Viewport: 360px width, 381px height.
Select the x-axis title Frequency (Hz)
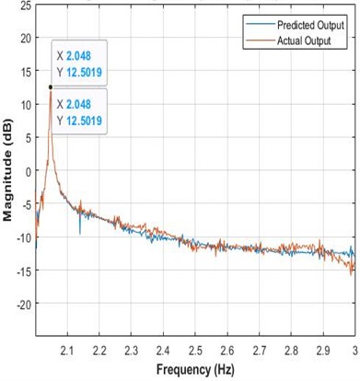(195, 371)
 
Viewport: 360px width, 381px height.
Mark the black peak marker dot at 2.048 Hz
(50, 87)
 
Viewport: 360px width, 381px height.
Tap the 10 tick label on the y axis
(25, 103)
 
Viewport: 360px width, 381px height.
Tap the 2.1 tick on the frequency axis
(66, 352)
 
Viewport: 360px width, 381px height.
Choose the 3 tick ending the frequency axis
(354, 352)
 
